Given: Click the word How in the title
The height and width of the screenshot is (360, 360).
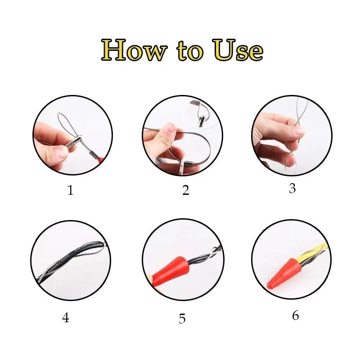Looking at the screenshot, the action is pyautogui.click(x=134, y=50).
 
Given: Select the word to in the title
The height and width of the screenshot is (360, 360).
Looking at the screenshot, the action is pyautogui.click(x=190, y=51).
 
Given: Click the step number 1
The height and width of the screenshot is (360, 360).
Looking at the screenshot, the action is pyautogui.click(x=71, y=190).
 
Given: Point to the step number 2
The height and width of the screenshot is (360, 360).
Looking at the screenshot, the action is pyautogui.click(x=185, y=190).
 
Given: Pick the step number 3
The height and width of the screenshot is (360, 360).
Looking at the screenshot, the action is pyautogui.click(x=292, y=188).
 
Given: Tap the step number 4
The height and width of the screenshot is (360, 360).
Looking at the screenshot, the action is pyautogui.click(x=66, y=318).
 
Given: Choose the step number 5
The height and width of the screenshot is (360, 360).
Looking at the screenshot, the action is pyautogui.click(x=182, y=319).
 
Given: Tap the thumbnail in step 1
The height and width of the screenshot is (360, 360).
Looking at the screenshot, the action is pyautogui.click(x=60, y=153).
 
